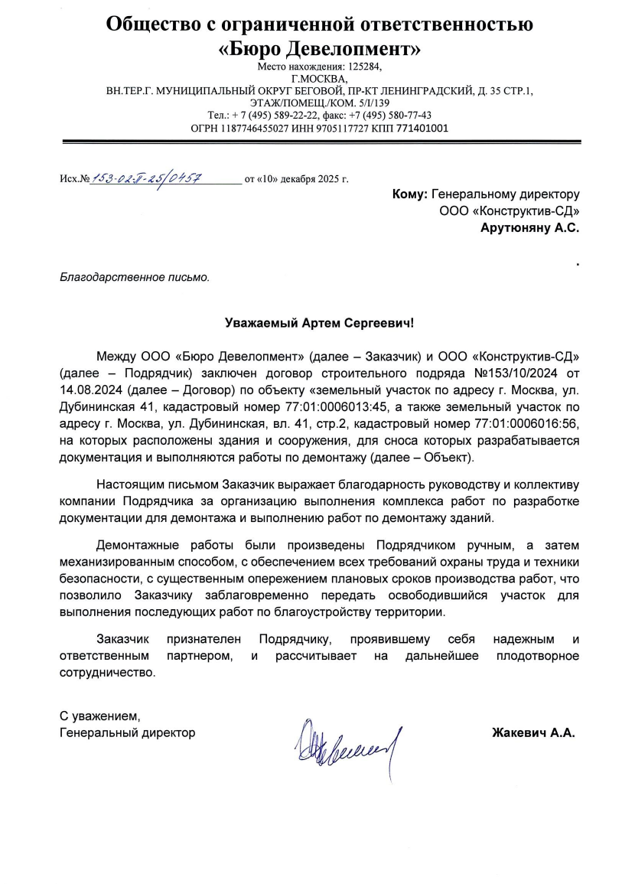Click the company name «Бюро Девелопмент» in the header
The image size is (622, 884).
pos(319,51)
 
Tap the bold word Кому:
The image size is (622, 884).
pos(409,195)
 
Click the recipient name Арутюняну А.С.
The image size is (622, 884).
pos(529,227)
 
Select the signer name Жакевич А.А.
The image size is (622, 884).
pos(532,733)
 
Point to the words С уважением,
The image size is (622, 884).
pos(101,717)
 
